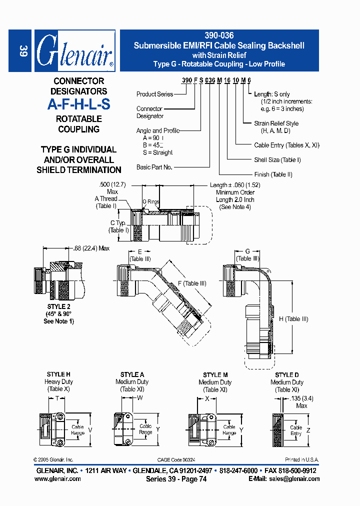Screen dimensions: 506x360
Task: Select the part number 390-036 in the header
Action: pyautogui.click(x=219, y=36)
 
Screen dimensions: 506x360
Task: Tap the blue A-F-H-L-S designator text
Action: pyautogui.click(x=79, y=105)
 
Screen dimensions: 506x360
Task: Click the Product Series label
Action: pyautogui.click(x=154, y=94)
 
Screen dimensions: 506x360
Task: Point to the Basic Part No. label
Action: pyautogui.click(x=154, y=167)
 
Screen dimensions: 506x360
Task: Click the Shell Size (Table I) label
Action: pyautogui.click(x=277, y=160)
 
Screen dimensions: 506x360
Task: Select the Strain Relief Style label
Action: pyautogui.click(x=276, y=123)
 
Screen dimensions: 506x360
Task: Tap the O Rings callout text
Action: pyautogui.click(x=151, y=202)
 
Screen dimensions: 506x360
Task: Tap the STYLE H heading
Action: pyautogui.click(x=58, y=374)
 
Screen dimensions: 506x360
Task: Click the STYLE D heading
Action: pyautogui.click(x=287, y=375)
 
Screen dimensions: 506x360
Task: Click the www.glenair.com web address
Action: pyautogui.click(x=57, y=478)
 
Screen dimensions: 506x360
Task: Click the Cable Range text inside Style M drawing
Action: pyautogui.click(x=229, y=430)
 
